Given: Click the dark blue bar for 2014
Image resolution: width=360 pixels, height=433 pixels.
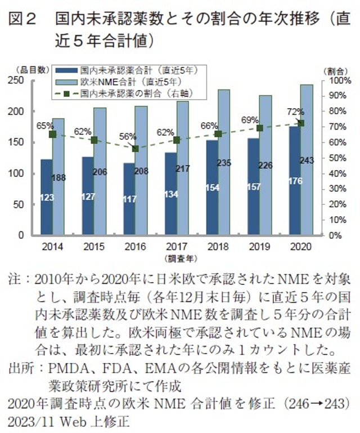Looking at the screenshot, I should [46, 197].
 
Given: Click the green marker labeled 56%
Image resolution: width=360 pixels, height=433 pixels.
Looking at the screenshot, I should [135, 149].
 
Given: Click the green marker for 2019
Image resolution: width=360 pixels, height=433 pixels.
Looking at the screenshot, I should [259, 128].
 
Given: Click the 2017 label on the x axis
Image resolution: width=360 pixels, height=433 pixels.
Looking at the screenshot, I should [176, 247].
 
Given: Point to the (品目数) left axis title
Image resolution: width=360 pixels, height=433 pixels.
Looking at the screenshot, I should [27, 70].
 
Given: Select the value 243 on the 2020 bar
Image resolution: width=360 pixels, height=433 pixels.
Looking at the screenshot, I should [307, 160].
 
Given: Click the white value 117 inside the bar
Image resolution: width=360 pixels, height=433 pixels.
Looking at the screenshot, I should [129, 198].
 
